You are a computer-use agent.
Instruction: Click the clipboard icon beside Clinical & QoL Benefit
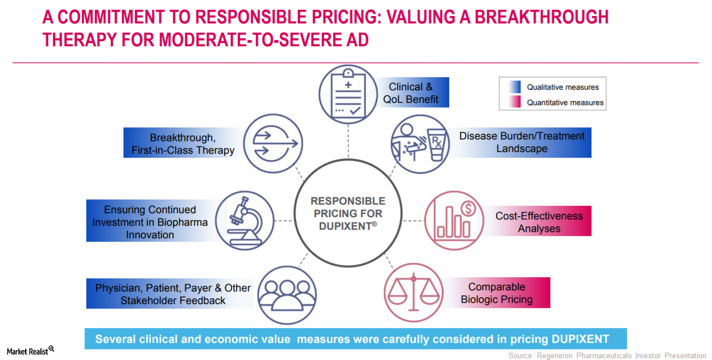348,94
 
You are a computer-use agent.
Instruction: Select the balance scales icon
413,293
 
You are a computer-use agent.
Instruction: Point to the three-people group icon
287,295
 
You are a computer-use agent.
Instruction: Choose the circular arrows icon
273,143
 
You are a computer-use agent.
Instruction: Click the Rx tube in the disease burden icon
437,145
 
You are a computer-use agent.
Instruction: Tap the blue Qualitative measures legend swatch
515,87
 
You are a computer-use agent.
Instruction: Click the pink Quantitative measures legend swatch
515,102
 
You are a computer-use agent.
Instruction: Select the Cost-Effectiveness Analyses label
539,222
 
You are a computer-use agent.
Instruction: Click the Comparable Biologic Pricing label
497,293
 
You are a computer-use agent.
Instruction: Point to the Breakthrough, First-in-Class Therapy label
183,144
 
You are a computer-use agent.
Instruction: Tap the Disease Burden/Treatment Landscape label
522,142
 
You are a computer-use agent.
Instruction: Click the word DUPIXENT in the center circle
346,226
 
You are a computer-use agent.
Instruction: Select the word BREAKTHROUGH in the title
542,17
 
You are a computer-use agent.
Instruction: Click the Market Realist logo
30,350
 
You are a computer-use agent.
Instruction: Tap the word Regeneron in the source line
555,355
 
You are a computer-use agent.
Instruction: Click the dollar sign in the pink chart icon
468,209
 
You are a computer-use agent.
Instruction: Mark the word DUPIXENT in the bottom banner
581,339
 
